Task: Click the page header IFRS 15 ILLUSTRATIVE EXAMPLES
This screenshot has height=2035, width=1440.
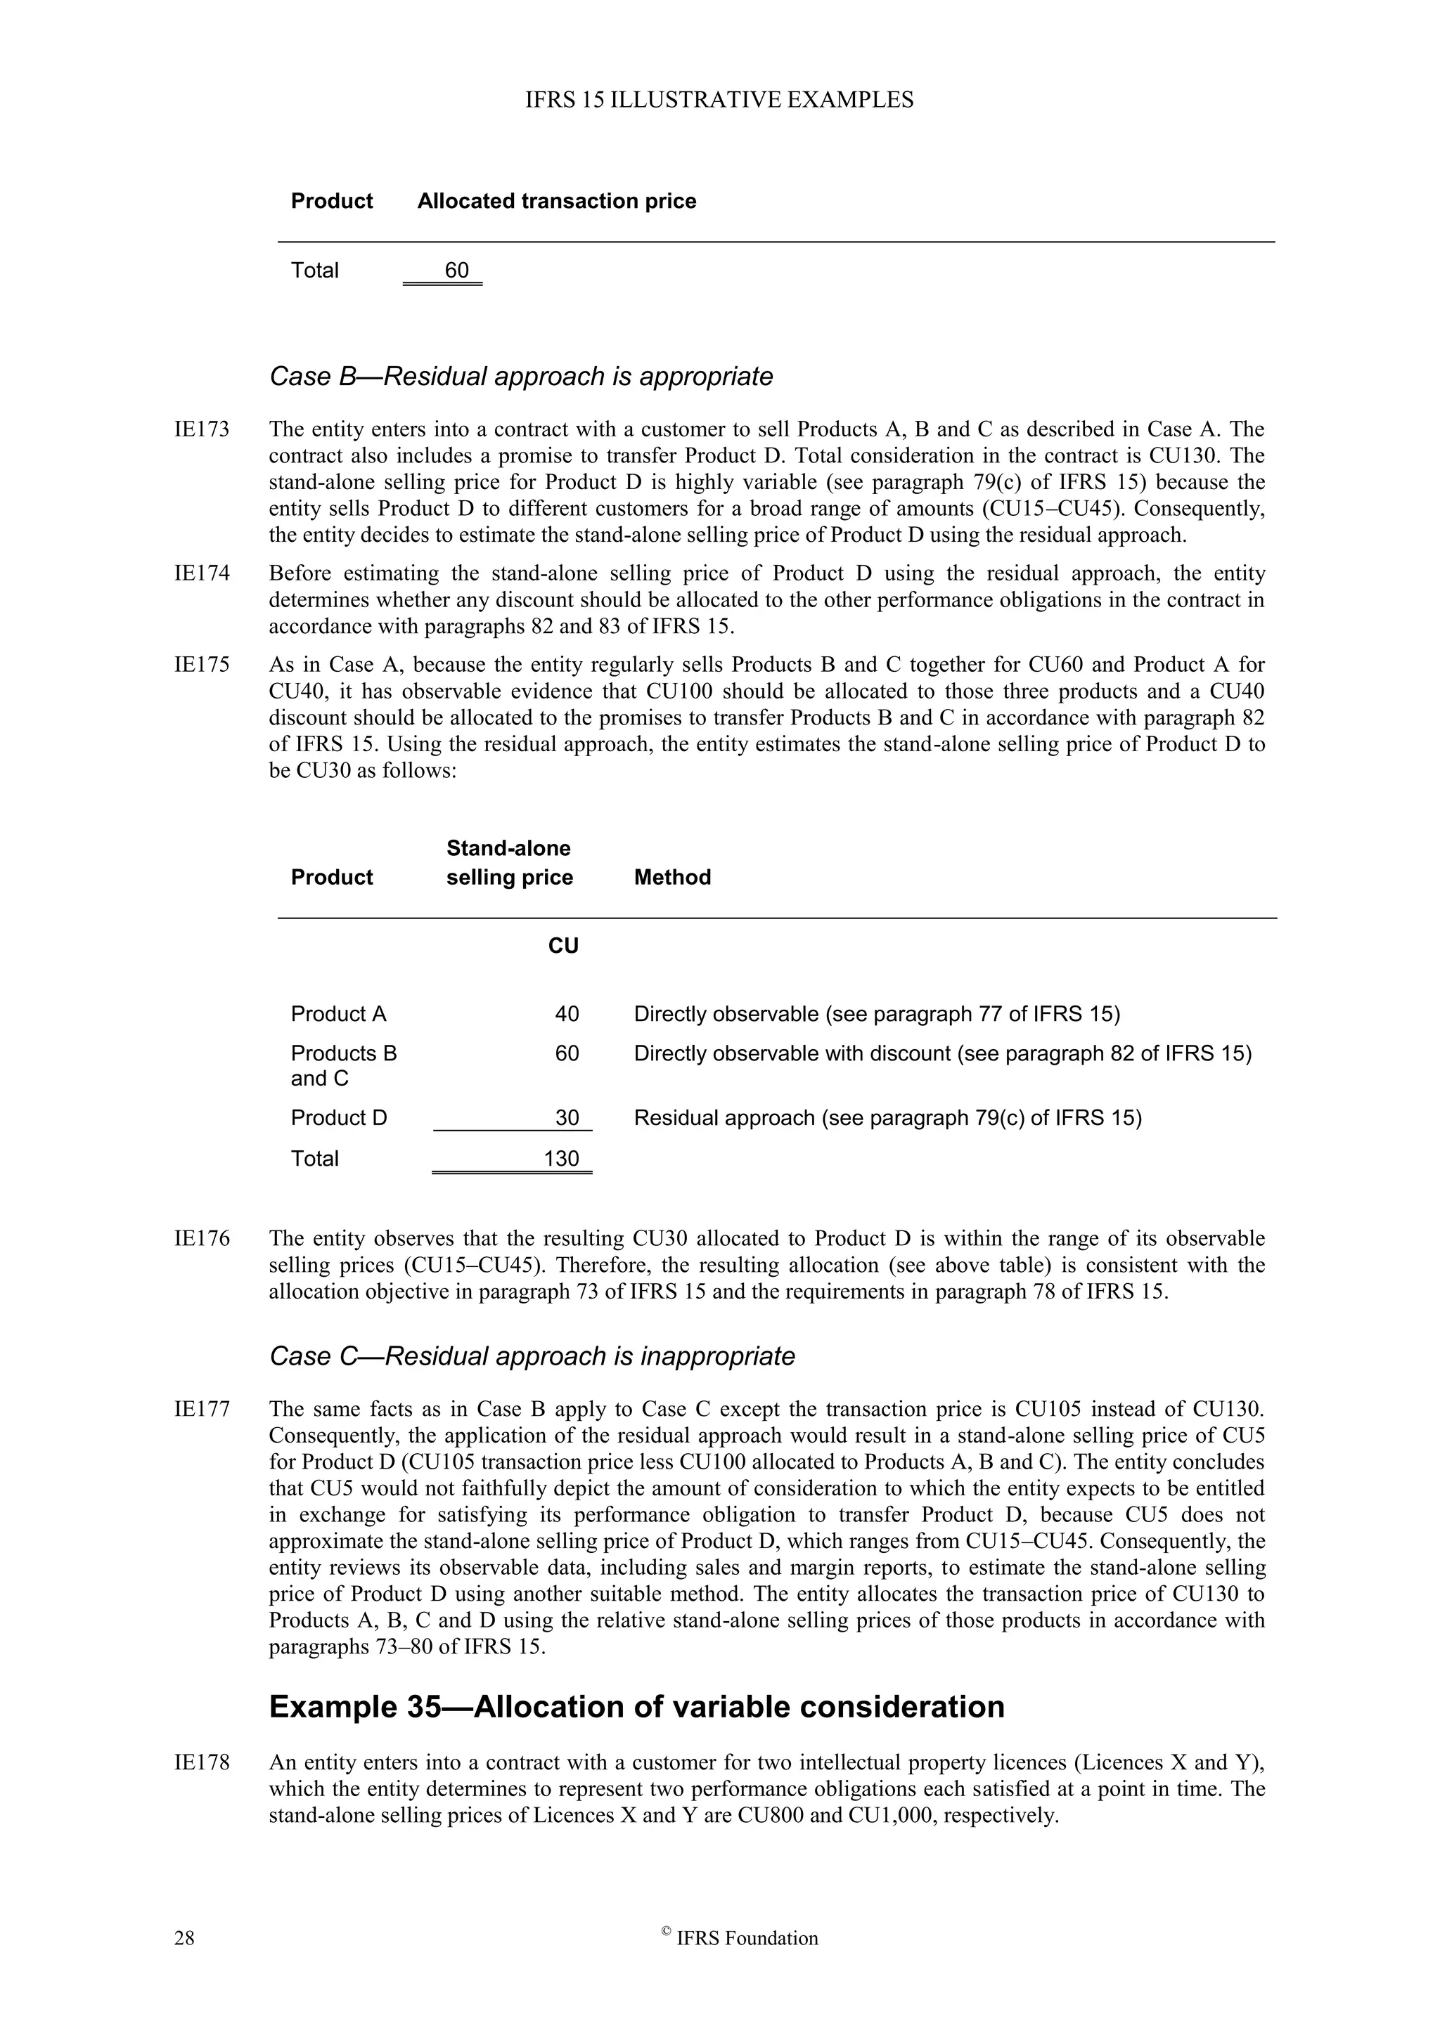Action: coord(719,100)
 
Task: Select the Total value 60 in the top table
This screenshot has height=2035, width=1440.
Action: coord(456,271)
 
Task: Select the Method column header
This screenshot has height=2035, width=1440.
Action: coord(672,878)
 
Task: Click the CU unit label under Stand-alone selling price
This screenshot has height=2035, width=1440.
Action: coord(563,946)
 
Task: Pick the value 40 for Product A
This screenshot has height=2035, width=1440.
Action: coord(567,1014)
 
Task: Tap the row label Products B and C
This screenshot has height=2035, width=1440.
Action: coord(343,1065)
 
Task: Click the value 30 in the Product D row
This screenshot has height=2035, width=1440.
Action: coord(567,1118)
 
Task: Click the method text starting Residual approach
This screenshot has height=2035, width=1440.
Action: coord(887,1118)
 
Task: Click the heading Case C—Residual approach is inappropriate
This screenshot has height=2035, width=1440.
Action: coord(532,1356)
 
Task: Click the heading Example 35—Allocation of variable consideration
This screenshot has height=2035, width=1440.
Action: coord(636,1707)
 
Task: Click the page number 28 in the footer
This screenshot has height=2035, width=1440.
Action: coord(184,1939)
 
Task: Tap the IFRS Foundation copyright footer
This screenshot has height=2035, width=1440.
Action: coord(740,1939)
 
